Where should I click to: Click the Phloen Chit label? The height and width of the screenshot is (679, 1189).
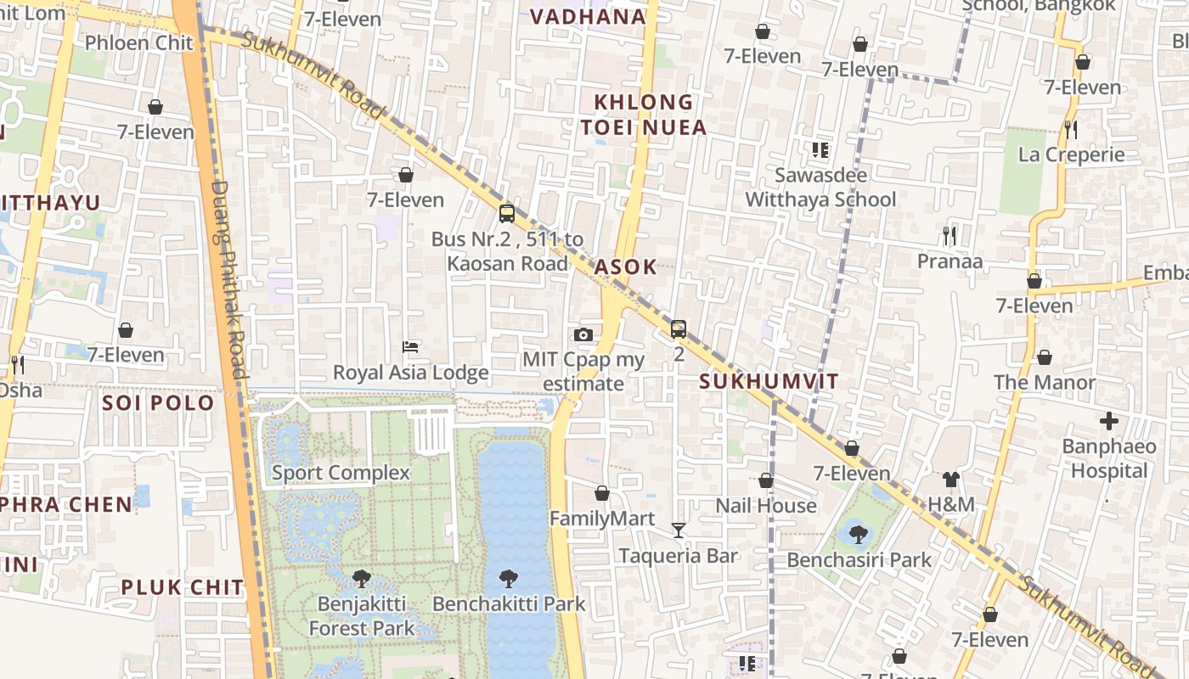click(x=127, y=42)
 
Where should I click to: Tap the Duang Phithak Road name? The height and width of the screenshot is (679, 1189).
click(x=228, y=280)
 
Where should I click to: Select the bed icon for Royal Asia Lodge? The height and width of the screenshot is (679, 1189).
click(x=410, y=347)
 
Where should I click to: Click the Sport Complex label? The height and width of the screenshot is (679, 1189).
click(x=341, y=473)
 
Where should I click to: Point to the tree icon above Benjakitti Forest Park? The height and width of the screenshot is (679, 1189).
click(x=361, y=579)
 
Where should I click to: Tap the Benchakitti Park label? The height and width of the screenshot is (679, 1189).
click(x=509, y=604)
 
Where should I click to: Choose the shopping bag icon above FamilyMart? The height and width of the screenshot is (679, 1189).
click(x=602, y=493)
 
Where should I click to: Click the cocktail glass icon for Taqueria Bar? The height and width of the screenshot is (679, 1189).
click(x=678, y=530)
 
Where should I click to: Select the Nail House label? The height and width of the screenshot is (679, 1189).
click(x=765, y=506)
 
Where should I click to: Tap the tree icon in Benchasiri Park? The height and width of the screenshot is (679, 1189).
click(x=858, y=535)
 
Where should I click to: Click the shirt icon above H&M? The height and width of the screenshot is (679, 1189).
click(x=950, y=480)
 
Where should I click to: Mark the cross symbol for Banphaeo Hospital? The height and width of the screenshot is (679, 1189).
click(x=1108, y=421)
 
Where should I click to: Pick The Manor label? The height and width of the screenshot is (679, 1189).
click(x=1045, y=383)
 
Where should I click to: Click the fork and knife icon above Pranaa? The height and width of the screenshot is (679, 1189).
click(x=950, y=236)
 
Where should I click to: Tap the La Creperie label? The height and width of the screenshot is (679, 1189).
click(x=1071, y=154)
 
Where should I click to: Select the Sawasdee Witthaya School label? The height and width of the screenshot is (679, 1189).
click(x=820, y=188)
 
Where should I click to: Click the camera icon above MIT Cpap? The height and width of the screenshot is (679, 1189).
click(x=583, y=334)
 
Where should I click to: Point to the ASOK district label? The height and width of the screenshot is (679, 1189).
click(x=625, y=267)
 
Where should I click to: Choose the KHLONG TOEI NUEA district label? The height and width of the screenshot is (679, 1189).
click(x=650, y=115)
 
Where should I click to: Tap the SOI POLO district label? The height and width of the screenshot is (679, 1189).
click(x=158, y=403)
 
